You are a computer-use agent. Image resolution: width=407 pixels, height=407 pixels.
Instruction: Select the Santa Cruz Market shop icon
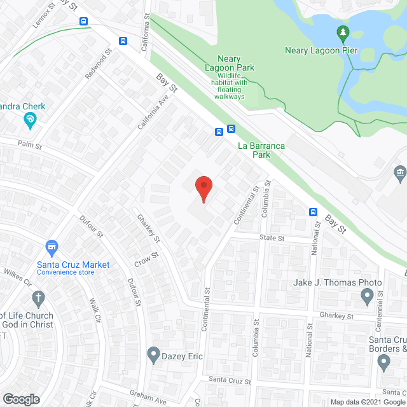tap(52, 246)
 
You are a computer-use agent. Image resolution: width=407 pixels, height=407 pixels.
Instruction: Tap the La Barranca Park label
tap(261, 150)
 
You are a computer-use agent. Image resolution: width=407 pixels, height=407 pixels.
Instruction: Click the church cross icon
tap(38, 298)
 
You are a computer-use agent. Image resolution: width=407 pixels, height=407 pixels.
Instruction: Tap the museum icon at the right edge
tap(400, 172)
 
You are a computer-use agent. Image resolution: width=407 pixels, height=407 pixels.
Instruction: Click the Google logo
tap(20, 399)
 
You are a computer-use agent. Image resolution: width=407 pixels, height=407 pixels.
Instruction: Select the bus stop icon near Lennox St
tap(83, 20)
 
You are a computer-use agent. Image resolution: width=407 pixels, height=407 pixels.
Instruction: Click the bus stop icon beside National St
tap(314, 212)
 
